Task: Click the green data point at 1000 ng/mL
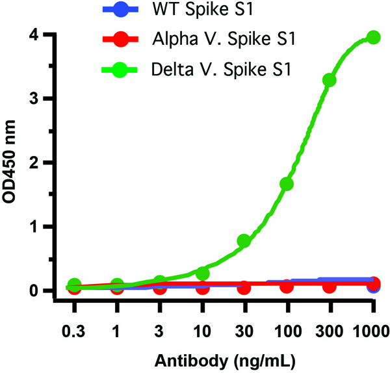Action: (373, 38)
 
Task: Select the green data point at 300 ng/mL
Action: (330, 80)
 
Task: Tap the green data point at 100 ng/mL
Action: (287, 184)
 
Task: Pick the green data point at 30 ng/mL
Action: (244, 241)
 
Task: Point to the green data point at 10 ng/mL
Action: (202, 273)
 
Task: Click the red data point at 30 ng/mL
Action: (244, 287)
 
